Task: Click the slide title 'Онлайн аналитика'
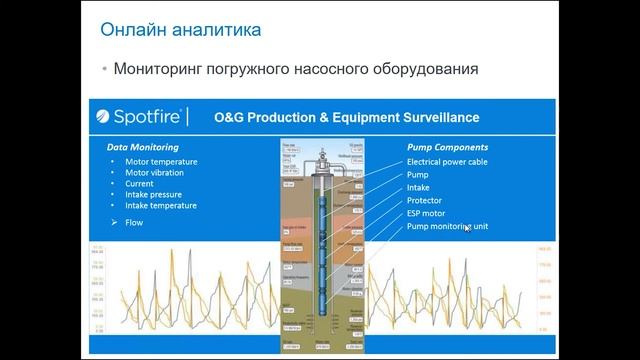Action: (182, 30)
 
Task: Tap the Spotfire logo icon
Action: (105, 118)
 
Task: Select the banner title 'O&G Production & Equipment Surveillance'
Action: (346, 118)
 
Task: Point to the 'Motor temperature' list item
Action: (161, 161)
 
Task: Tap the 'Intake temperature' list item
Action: (161, 205)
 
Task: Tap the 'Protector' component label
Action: (425, 200)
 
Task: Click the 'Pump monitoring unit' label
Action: (446, 227)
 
